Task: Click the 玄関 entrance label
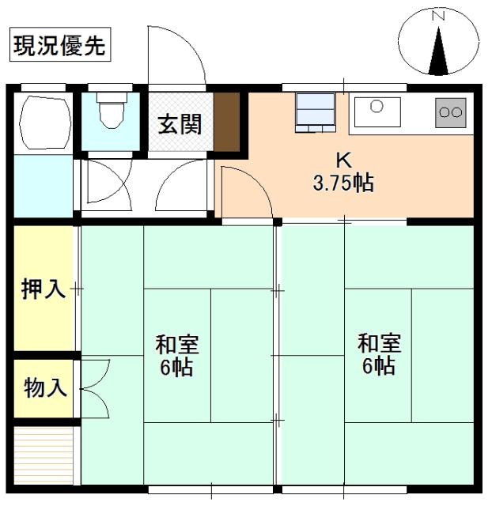[179, 124]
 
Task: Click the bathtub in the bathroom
[44, 123]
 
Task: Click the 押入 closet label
[43, 289]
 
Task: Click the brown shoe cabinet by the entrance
[227, 122]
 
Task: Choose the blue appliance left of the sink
[316, 110]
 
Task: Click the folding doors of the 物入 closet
[93, 387]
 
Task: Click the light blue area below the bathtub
[44, 187]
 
